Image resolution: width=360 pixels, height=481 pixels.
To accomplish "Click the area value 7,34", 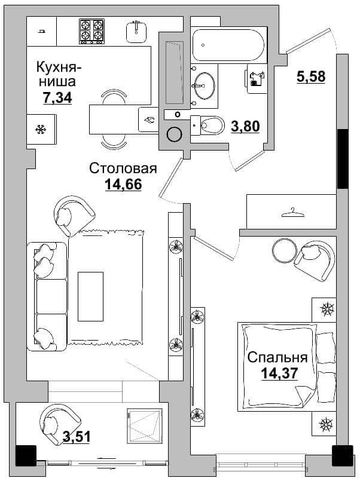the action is [57, 97].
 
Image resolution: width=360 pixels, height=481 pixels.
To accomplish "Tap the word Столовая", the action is [123, 168].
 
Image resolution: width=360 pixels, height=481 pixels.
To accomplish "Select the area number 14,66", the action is [123, 184].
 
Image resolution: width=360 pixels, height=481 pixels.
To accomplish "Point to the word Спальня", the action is [277, 357].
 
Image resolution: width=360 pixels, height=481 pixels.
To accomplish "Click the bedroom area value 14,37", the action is [279, 373].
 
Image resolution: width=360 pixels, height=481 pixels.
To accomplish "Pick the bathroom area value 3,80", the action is [246, 126].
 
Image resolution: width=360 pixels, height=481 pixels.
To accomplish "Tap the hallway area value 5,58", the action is [311, 76].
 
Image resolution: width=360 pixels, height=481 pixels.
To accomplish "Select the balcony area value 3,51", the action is [77, 437].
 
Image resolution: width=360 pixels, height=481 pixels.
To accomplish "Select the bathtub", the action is [228, 45].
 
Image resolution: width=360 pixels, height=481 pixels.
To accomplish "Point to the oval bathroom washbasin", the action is [203, 85].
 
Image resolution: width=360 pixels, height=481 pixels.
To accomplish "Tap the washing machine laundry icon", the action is [255, 79].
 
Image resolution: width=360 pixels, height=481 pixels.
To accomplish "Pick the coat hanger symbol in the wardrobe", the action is [292, 213].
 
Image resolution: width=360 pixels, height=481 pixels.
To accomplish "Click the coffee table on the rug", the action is [90, 296].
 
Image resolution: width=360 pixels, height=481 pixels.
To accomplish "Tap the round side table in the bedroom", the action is [285, 250].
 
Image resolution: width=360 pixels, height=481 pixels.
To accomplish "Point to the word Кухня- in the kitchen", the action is [59, 67].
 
